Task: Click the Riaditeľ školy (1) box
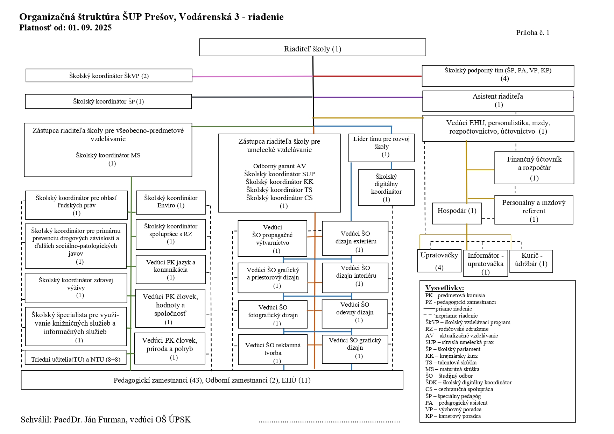coord(312,48)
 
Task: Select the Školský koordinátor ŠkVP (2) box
coord(109,76)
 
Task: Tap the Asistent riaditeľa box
coord(497,101)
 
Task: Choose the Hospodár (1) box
coord(457,213)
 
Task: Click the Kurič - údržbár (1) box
coord(531,261)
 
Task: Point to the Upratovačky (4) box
coord(439,261)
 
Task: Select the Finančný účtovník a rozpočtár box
coord(534,168)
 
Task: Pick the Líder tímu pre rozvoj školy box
coord(381,148)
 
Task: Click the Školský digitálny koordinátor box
coord(386,187)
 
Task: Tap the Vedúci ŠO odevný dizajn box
coord(355,313)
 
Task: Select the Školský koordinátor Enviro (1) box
coord(170,202)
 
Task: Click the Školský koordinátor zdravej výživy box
coord(76,287)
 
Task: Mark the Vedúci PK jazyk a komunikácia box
coord(170,269)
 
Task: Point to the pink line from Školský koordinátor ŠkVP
coord(252,76)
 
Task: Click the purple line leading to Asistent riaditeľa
coord(367,97)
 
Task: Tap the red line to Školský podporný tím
coord(367,76)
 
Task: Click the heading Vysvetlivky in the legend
coord(444,288)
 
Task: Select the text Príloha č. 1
coord(532,33)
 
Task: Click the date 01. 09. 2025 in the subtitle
coord(90,28)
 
